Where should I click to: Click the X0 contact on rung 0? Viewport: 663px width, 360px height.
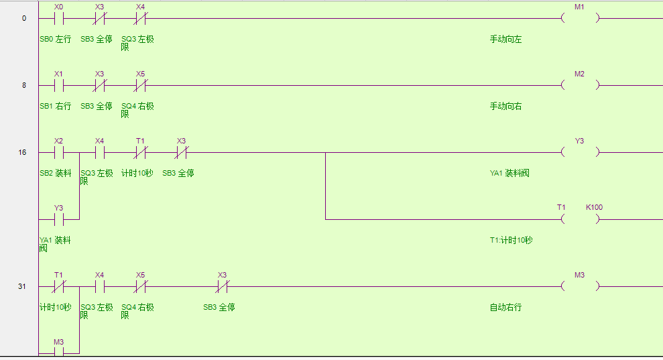coord(59,19)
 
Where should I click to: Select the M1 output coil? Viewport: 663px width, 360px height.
coord(580,19)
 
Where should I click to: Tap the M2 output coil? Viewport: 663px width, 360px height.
coord(580,86)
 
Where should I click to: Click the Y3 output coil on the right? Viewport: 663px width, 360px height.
coord(580,153)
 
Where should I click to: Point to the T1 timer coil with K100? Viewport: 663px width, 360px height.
coord(580,219)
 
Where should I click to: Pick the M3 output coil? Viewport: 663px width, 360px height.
coord(580,287)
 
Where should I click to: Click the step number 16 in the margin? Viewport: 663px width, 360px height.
coord(23,153)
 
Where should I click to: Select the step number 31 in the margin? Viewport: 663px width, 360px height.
coord(23,287)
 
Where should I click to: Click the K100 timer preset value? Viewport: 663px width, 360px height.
coord(594,207)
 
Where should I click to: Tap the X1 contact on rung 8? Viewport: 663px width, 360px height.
coord(59,86)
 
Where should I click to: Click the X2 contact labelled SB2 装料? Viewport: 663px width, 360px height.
coord(59,153)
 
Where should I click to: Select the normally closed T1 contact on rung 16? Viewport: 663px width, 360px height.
coord(140,153)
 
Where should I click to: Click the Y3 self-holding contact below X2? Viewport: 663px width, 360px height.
coord(59,219)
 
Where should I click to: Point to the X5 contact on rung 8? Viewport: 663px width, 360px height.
coord(140,86)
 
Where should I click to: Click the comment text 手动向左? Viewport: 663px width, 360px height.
coord(505,40)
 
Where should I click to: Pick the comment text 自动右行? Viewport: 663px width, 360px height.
coord(505,308)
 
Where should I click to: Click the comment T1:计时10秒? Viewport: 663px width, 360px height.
coord(511,241)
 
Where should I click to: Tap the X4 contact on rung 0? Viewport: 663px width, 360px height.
coord(140,19)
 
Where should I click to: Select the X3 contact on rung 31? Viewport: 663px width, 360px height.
coord(222,287)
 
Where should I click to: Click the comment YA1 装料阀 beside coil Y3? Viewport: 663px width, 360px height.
coord(509,174)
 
